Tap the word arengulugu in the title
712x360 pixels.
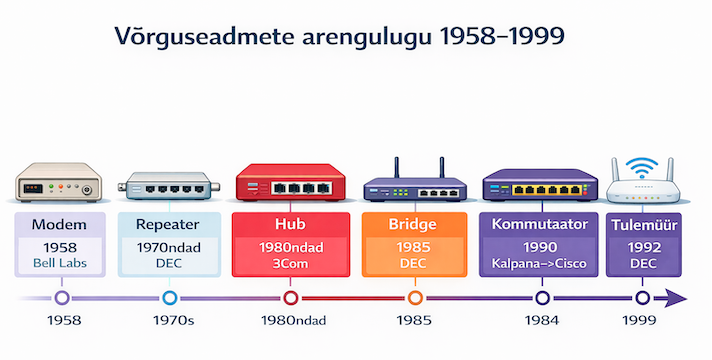[366, 37]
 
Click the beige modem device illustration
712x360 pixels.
[59, 182]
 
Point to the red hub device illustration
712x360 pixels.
[291, 182]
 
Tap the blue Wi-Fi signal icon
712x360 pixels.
[642, 168]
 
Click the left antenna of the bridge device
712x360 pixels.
[396, 168]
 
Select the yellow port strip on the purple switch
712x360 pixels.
[547, 190]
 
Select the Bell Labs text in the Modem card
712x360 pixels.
[60, 263]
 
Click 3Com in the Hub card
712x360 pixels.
[291, 263]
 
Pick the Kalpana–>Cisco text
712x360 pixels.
[539, 263]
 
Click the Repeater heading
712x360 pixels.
[168, 224]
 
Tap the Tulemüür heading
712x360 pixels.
[644, 225]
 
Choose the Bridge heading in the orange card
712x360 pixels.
[412, 224]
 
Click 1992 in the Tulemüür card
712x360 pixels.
[644, 247]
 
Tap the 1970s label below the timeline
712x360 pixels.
[173, 321]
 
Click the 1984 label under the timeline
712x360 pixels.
[542, 321]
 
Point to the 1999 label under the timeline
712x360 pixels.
[639, 321]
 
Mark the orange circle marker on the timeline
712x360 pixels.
[415, 298]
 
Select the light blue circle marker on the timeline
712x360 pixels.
[169, 298]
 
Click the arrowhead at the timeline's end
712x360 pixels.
[676, 298]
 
